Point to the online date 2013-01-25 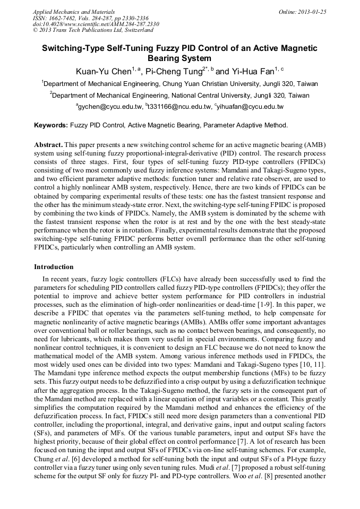pyautogui.click(x=311, y=12)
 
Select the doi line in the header pyautogui.click(x=96, y=24)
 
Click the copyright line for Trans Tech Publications pyautogui.click(x=93, y=31)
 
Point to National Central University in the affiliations pyautogui.click(x=209, y=96)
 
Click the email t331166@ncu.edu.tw pyautogui.click(x=179, y=107)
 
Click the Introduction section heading pyautogui.click(x=54, y=267)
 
